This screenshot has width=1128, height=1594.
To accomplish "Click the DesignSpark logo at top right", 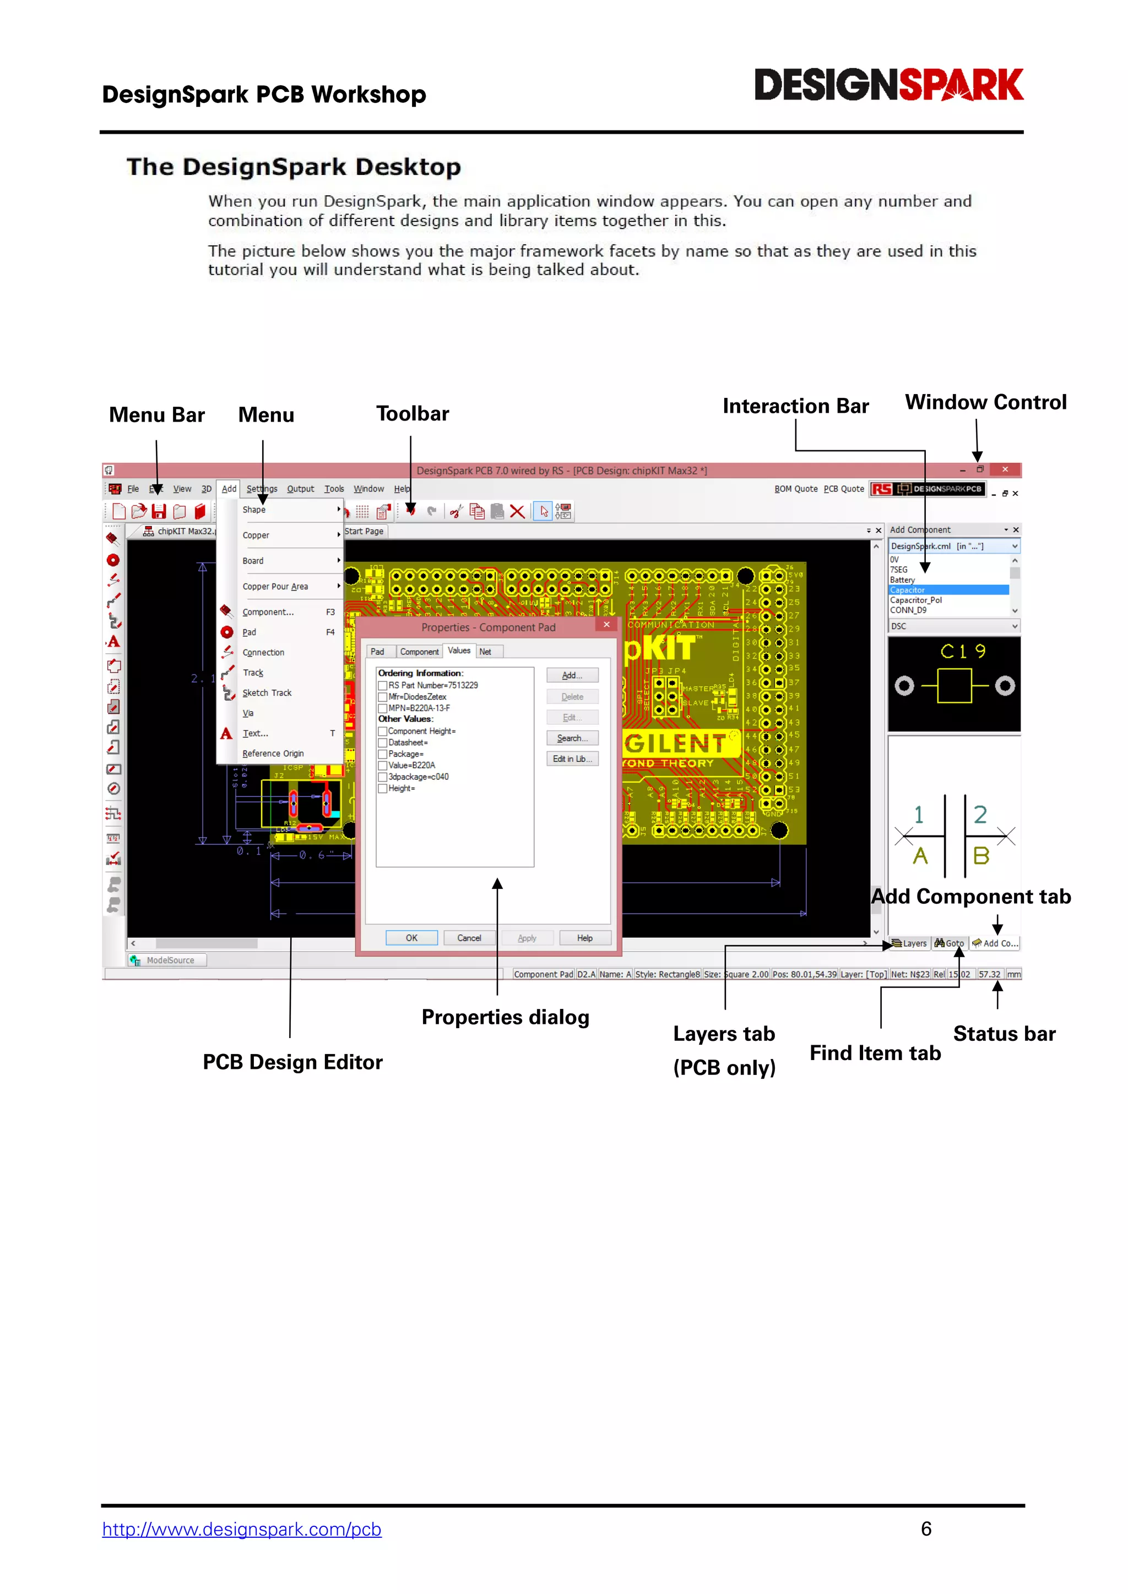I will [x=888, y=85].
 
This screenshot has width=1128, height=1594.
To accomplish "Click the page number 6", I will [x=926, y=1528].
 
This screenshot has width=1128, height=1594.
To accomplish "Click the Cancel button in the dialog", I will [x=469, y=938].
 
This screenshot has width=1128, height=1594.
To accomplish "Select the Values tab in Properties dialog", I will [x=458, y=651].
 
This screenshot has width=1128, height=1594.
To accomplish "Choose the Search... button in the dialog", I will [x=572, y=738].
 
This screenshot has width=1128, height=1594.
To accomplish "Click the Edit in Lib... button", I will [x=572, y=759].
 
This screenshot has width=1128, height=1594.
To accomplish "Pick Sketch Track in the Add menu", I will [x=267, y=693].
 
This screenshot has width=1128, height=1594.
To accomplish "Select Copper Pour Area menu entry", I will [x=275, y=587].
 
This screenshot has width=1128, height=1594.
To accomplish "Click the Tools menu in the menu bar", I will [x=333, y=489].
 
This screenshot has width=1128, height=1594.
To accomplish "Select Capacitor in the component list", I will [x=907, y=590].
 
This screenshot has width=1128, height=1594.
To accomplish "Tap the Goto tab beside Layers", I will [x=950, y=943].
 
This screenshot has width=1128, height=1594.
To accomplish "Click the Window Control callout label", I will [x=985, y=403].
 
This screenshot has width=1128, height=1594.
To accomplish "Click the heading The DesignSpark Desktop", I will [x=293, y=167].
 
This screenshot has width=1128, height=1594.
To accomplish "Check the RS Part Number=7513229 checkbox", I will [x=383, y=685].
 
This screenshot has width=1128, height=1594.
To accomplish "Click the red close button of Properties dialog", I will [x=606, y=625].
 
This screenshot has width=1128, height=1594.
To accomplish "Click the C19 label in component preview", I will [x=962, y=651].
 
